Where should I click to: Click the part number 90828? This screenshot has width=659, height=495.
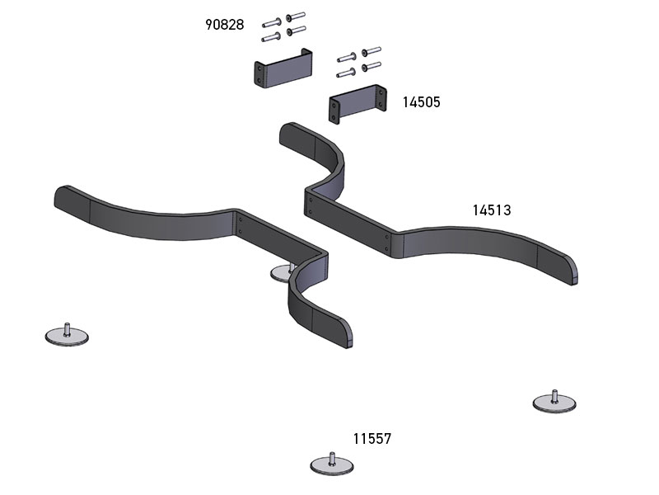click(x=224, y=25)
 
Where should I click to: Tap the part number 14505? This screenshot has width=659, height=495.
click(x=421, y=102)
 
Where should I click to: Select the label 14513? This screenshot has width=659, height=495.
click(x=492, y=210)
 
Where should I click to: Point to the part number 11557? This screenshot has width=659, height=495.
click(x=372, y=439)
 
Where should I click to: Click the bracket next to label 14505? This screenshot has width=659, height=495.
click(x=358, y=104)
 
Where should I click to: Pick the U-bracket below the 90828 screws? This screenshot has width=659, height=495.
click(x=283, y=68)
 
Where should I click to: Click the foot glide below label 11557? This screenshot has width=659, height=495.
click(x=332, y=464)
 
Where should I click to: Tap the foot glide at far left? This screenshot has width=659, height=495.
click(x=67, y=334)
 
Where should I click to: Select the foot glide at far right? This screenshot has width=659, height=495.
click(x=554, y=402)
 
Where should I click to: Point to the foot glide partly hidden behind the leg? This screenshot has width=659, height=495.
click(x=282, y=272)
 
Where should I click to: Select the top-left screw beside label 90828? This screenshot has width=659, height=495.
click(x=271, y=22)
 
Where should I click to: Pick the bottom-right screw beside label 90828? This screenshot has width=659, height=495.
click(x=296, y=31)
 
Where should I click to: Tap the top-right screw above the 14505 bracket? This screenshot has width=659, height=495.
click(x=372, y=51)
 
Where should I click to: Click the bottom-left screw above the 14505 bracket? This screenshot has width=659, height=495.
click(x=346, y=73)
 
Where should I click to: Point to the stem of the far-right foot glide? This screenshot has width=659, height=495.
click(x=554, y=396)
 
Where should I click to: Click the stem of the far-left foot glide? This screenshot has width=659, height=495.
click(x=67, y=328)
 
